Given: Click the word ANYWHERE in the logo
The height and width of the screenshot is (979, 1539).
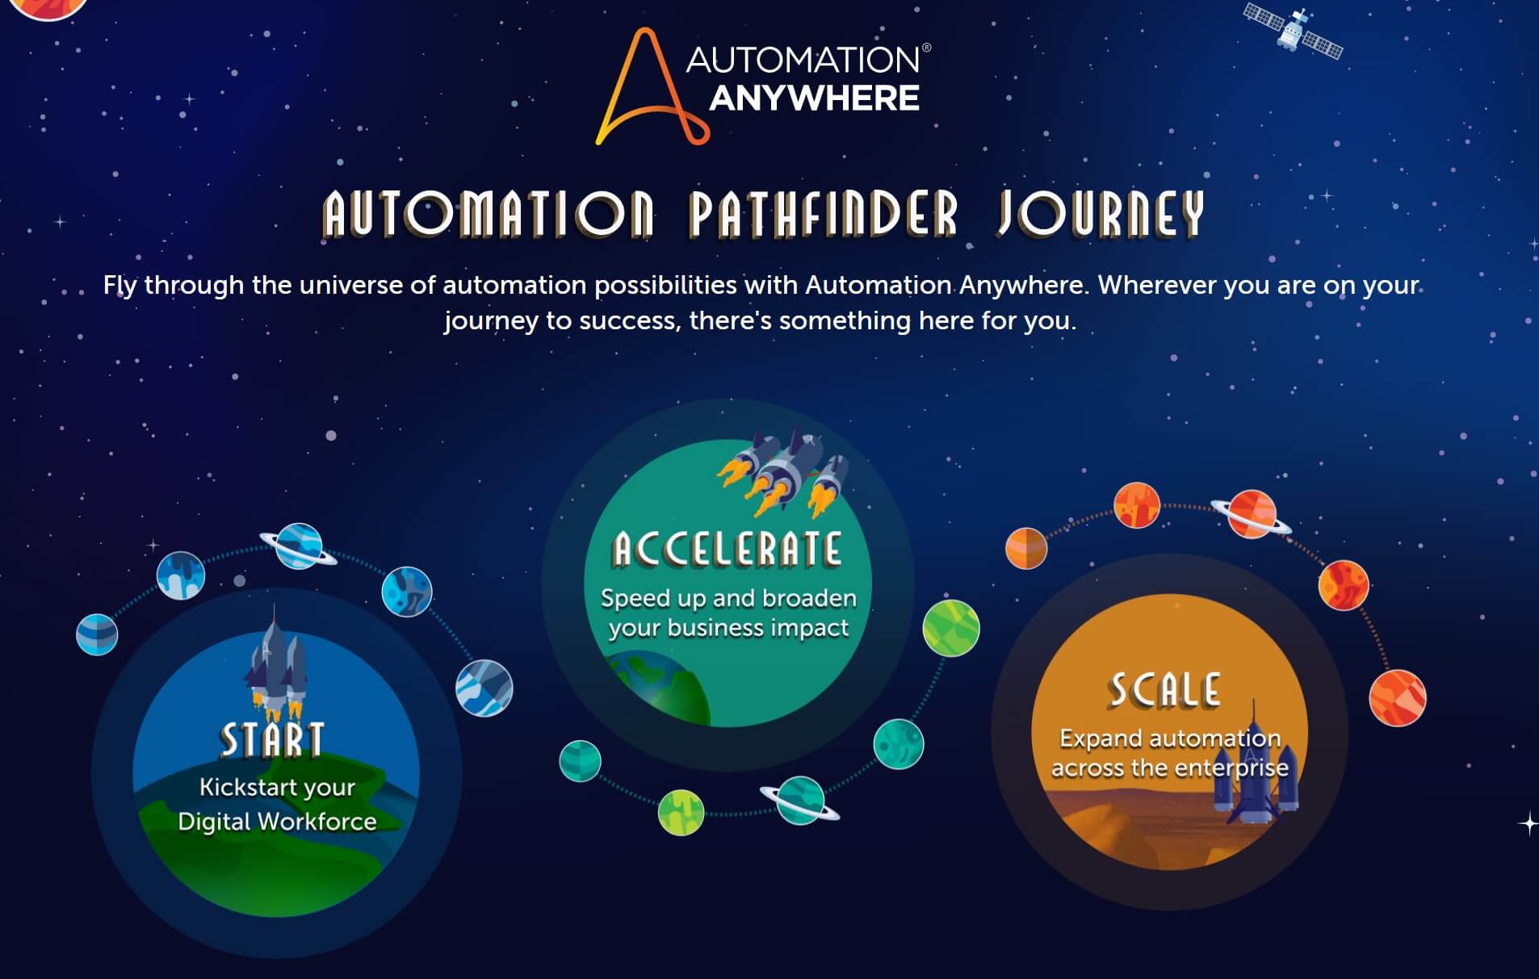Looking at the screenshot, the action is (x=814, y=98).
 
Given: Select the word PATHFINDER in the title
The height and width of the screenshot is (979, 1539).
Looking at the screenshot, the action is (x=824, y=214).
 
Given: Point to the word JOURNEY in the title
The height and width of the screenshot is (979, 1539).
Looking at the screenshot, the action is (x=1101, y=214).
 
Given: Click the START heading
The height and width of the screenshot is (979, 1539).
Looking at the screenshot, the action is (x=273, y=740).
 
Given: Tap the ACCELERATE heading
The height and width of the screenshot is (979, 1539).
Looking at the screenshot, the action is (x=728, y=550).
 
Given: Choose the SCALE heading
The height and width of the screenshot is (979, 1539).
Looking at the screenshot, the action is (x=1165, y=690).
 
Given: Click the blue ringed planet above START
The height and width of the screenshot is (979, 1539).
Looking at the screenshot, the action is (x=298, y=546).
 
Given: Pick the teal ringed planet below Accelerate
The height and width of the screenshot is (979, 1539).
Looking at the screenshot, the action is (x=800, y=800).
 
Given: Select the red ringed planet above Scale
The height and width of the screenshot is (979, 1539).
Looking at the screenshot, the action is (x=1252, y=514).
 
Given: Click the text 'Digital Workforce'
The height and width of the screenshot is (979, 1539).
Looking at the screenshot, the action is (x=277, y=822).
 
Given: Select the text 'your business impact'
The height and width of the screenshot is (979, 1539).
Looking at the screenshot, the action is (x=728, y=628).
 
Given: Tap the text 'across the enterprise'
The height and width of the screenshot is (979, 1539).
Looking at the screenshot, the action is (x=1169, y=768).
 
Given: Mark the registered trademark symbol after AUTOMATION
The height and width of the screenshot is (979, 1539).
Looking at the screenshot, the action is (x=926, y=48).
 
